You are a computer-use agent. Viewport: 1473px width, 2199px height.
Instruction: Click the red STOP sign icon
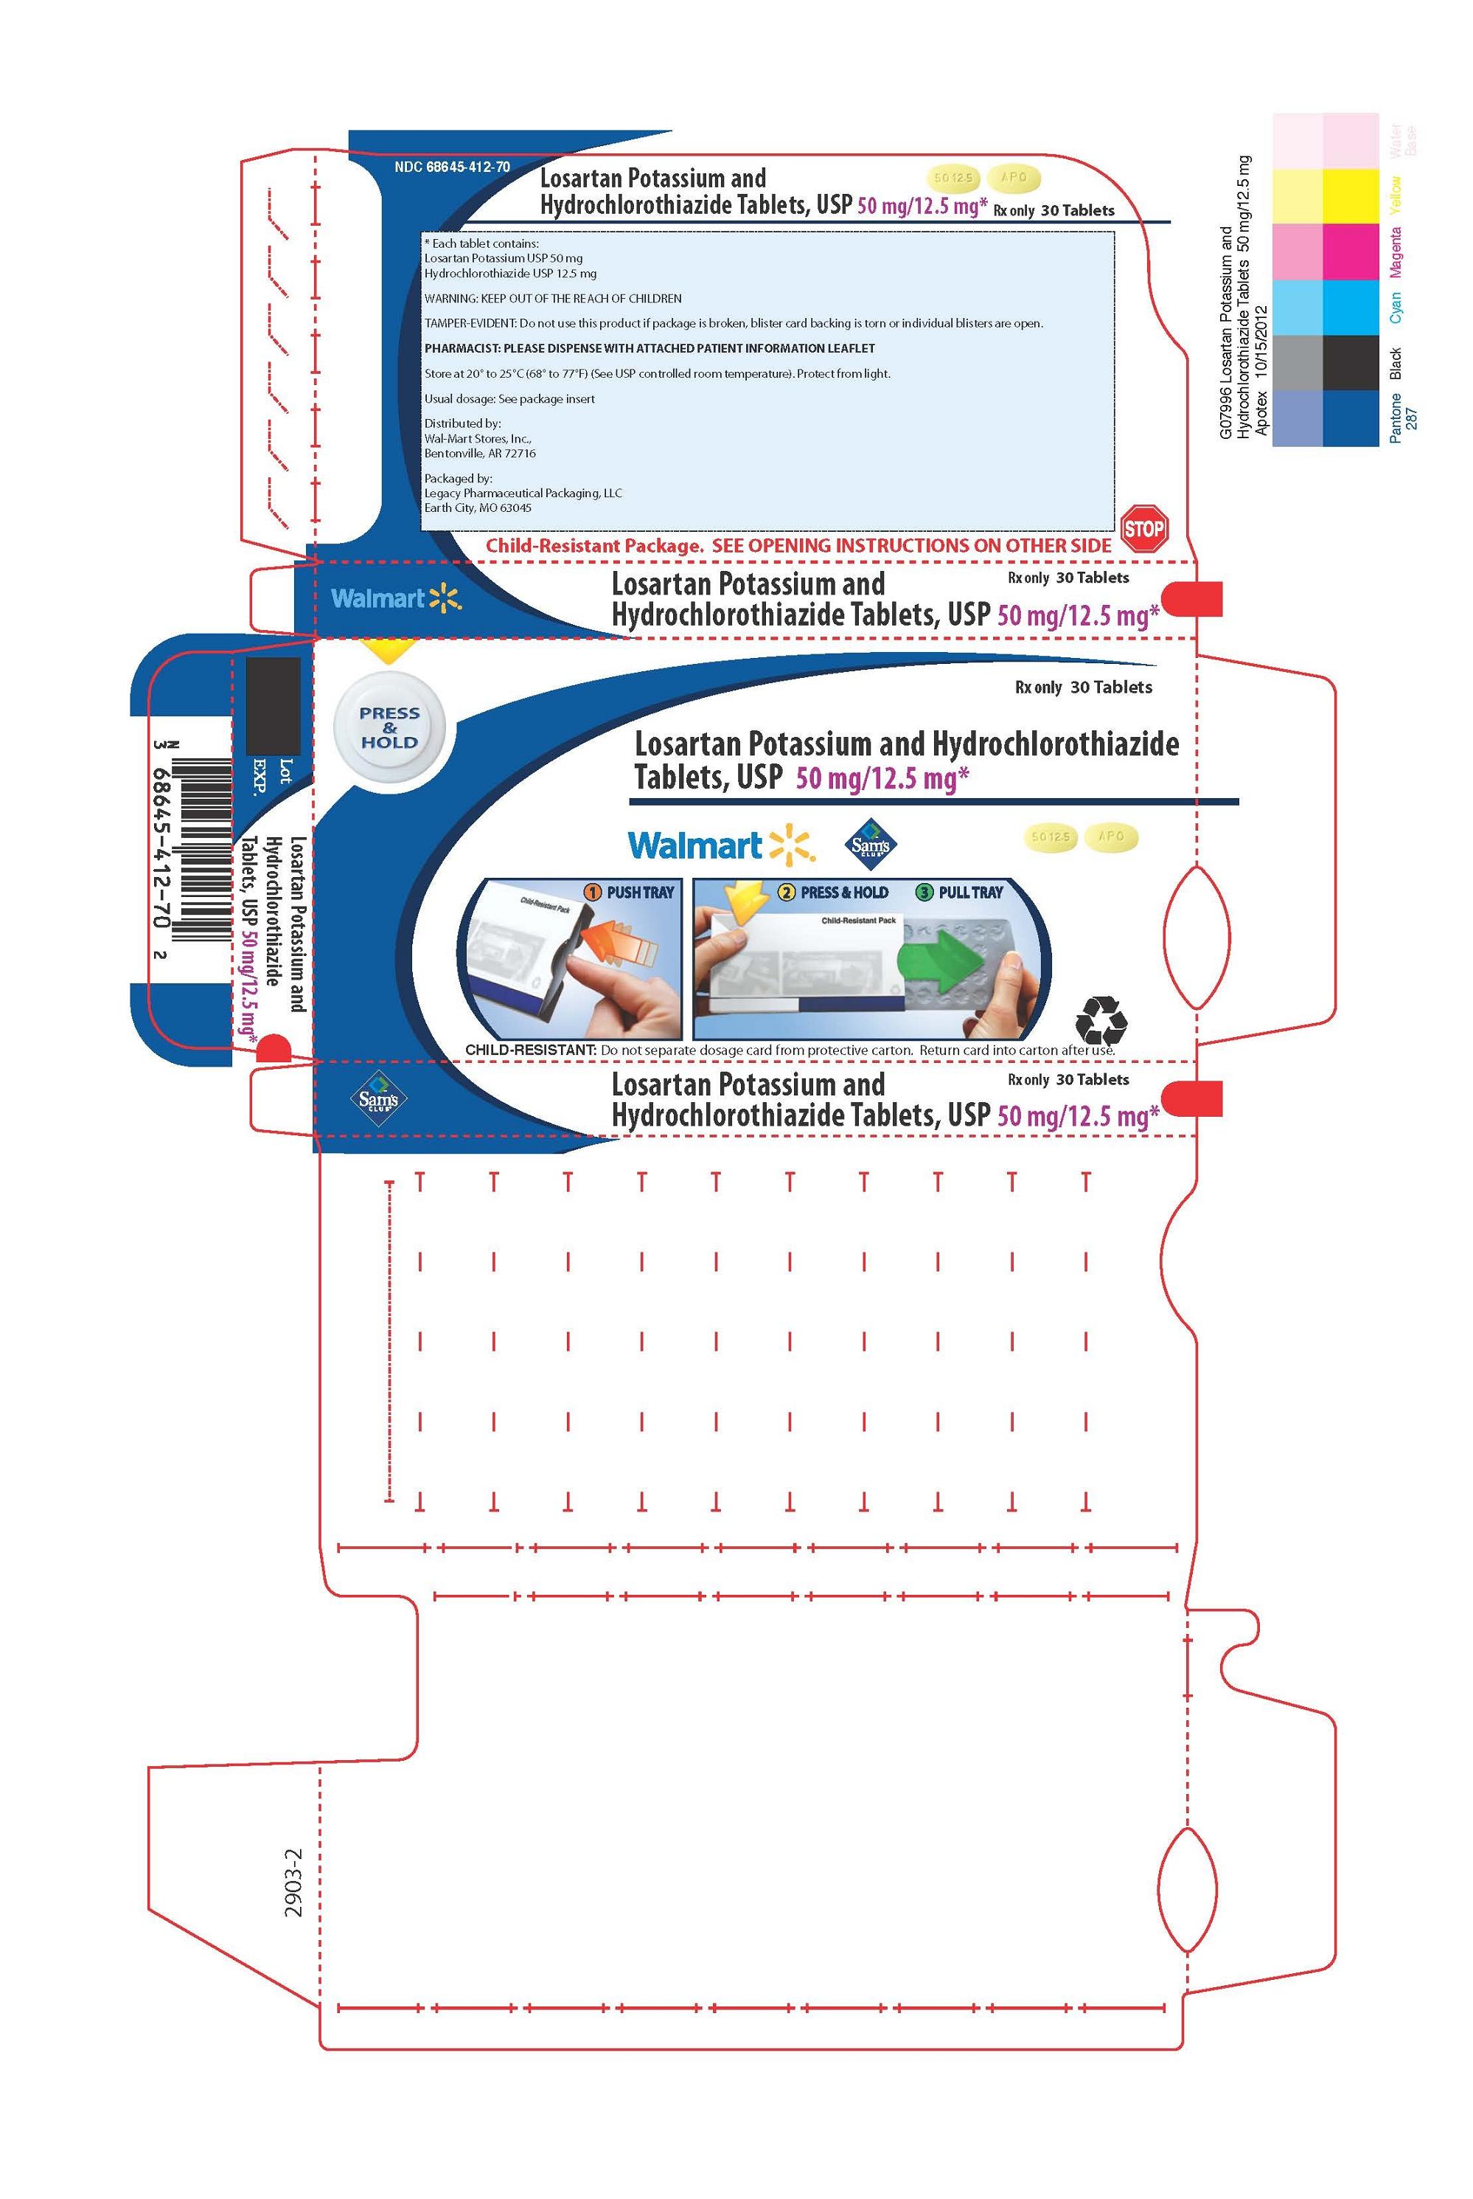pos(1143,528)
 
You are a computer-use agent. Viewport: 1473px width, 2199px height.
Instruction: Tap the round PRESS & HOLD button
pos(389,727)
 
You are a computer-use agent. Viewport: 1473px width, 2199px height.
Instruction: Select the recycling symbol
pos(1100,1019)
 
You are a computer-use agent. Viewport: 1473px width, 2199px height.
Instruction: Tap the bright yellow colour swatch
pos(1350,195)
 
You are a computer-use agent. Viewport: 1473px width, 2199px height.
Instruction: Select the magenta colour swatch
pos(1350,252)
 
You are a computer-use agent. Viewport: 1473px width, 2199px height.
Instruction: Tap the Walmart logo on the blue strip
pos(395,598)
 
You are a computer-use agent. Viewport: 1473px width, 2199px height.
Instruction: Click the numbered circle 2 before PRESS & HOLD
pos(785,892)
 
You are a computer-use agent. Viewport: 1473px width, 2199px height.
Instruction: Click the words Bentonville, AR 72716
pos(480,453)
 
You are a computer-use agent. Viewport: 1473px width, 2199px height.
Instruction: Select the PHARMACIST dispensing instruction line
pos(649,347)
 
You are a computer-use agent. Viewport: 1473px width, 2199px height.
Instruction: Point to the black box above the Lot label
pos(273,706)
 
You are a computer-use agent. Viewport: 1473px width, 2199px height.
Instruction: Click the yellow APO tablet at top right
pos(1014,176)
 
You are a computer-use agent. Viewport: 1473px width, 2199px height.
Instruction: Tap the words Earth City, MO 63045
pos(477,508)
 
